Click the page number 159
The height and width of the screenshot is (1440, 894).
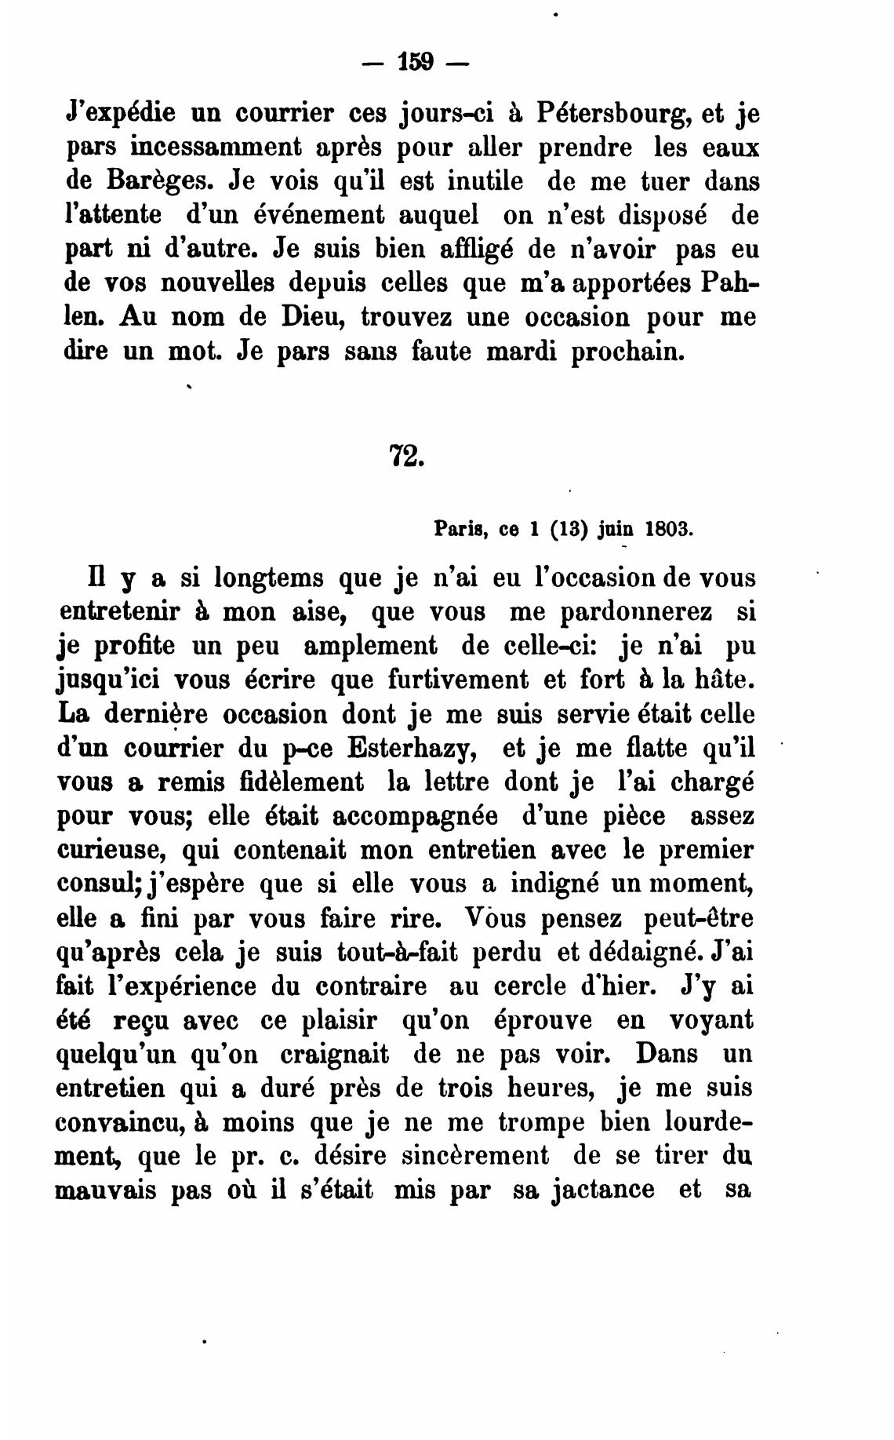416,62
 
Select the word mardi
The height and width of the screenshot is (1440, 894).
519,351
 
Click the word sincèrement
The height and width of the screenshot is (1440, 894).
465,1156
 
